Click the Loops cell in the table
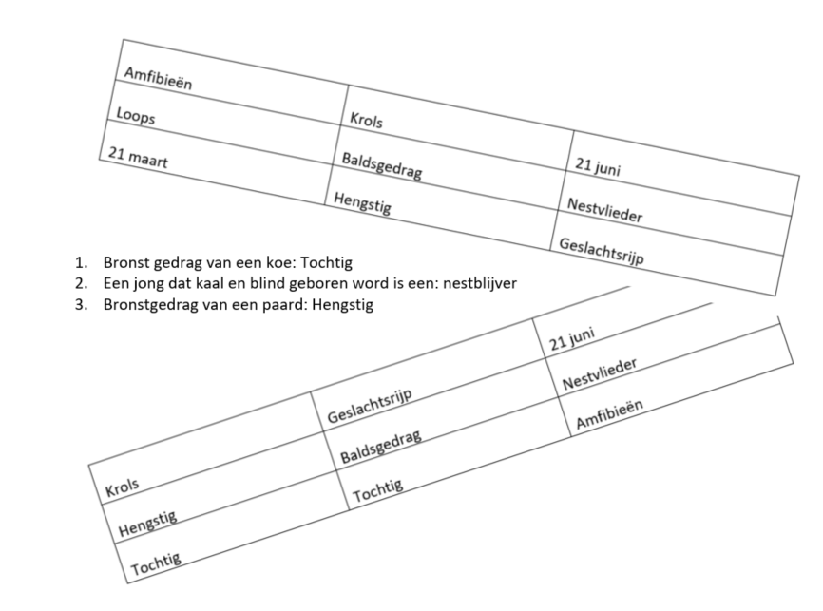point(135,118)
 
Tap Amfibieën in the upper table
point(158,78)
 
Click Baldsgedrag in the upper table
point(381,166)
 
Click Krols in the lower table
point(122,487)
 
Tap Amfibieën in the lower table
point(609,416)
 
